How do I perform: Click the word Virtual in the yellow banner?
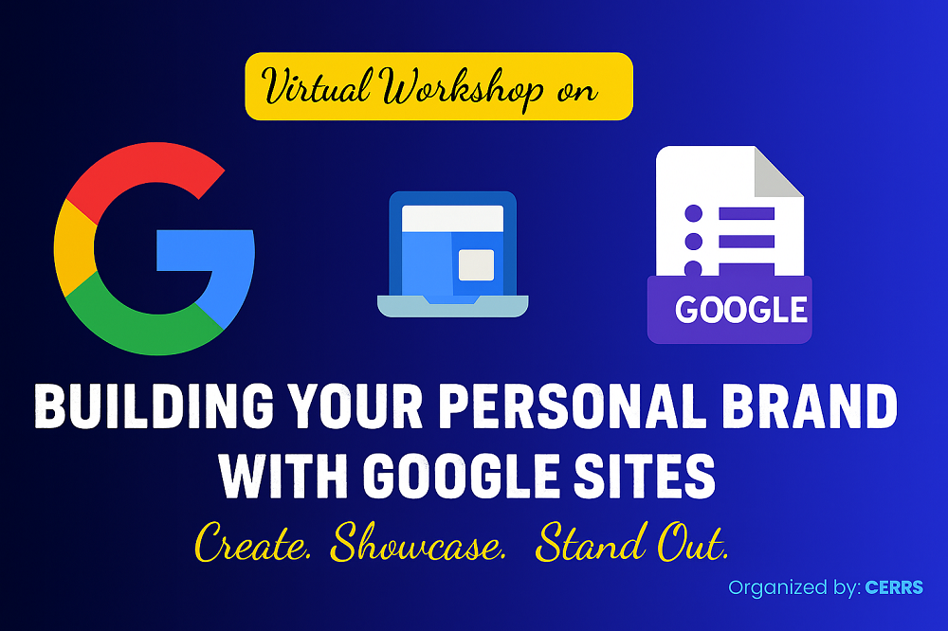pyautogui.click(x=317, y=86)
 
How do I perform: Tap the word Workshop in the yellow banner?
pyautogui.click(x=462, y=88)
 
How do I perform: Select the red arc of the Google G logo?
pyautogui.click(x=139, y=172)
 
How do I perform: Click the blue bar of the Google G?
pyautogui.click(x=206, y=249)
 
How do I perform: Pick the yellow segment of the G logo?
pyautogui.click(x=74, y=248)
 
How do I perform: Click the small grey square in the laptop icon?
pyautogui.click(x=477, y=265)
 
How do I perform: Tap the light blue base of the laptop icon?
pyautogui.click(x=453, y=306)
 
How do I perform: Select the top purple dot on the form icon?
pyautogui.click(x=694, y=213)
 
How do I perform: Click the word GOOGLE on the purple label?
pyautogui.click(x=741, y=310)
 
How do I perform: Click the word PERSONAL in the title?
pyautogui.click(x=572, y=406)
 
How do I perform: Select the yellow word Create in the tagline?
pyautogui.click(x=253, y=542)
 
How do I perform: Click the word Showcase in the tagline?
pyautogui.click(x=418, y=542)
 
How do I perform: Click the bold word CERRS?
pyautogui.click(x=894, y=587)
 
